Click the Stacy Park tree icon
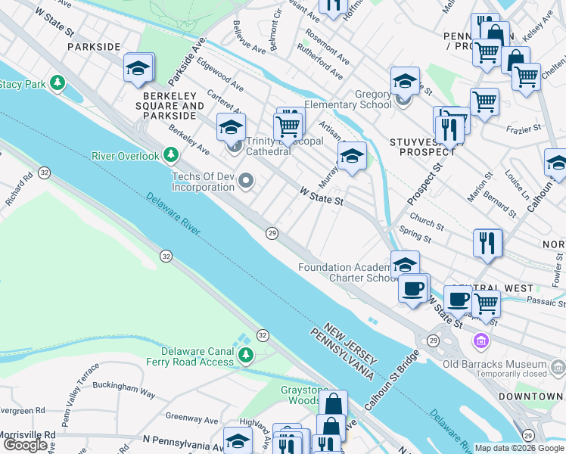pos(57,82)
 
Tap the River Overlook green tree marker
pos(171,156)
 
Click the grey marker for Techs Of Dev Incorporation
pos(245,180)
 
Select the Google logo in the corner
pos(25,445)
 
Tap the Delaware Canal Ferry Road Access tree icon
pos(245,355)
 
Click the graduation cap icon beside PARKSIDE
pos(139,68)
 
